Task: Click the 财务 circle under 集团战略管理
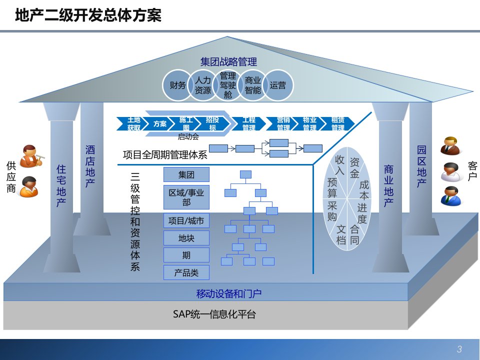coord(177,85)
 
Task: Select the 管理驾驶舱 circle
coord(228,85)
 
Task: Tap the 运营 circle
coord(278,85)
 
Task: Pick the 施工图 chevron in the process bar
coord(186,123)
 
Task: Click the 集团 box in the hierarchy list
coord(186,175)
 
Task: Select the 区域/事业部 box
coord(186,197)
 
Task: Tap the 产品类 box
coord(186,272)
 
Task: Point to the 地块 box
coord(186,238)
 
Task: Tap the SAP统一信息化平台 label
coord(214,314)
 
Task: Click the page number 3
coord(459,349)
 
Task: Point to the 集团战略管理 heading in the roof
coord(228,62)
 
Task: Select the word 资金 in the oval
coord(354,168)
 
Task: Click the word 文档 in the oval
coord(341,234)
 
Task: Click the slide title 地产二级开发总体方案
coord(88,16)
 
